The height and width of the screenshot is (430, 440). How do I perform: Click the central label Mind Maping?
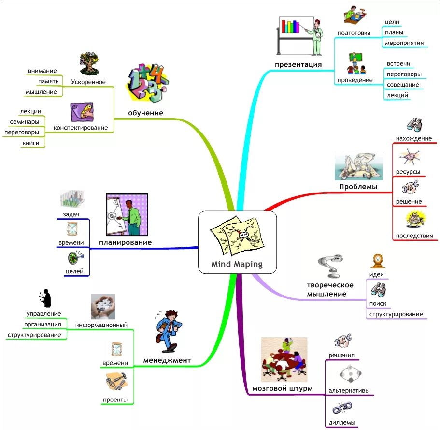237,264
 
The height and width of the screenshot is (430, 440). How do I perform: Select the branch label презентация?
298,64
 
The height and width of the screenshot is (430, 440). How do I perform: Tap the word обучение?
145,113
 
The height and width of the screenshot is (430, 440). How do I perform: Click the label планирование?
125,242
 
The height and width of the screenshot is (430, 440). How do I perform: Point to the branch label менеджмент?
167,360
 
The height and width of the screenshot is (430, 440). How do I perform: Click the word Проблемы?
358,187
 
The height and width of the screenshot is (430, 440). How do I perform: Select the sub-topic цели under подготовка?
392,22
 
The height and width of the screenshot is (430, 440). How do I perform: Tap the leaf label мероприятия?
404,43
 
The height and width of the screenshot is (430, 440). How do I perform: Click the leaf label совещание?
402,85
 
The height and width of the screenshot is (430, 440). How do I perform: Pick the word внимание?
42,71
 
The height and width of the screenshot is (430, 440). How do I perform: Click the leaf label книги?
30,143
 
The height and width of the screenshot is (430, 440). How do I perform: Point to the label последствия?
414,236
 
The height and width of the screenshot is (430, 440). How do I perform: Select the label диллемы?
342,423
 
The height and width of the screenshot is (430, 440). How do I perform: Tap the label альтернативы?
349,390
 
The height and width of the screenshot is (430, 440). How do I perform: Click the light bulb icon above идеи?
377,261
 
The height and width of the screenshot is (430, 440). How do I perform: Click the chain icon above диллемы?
342,409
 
